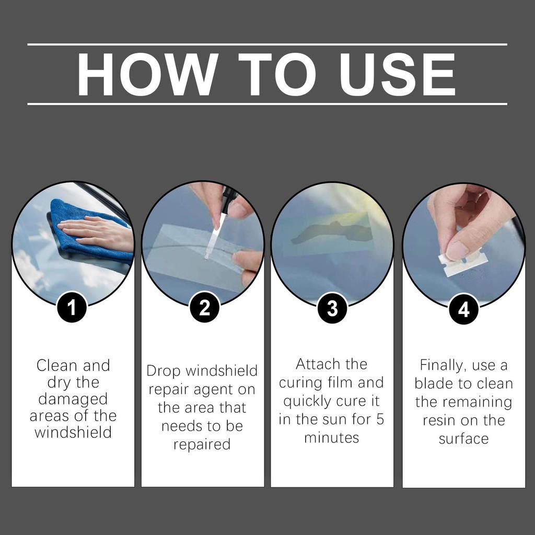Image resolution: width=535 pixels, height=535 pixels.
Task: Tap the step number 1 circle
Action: coord(72,308)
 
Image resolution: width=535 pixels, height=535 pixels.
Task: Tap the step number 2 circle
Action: coord(204,308)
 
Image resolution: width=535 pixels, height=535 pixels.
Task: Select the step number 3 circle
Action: coord(332,308)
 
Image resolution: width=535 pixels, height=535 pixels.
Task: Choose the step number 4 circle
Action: coord(463,309)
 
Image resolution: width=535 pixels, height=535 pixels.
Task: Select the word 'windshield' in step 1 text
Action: coord(73,433)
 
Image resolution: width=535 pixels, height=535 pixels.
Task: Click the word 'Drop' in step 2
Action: coord(163,371)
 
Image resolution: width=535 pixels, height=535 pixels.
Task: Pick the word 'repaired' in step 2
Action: coord(202,445)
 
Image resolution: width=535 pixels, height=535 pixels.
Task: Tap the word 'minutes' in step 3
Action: coord(332,437)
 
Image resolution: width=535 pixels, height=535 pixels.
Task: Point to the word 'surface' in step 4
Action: coord(463,439)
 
